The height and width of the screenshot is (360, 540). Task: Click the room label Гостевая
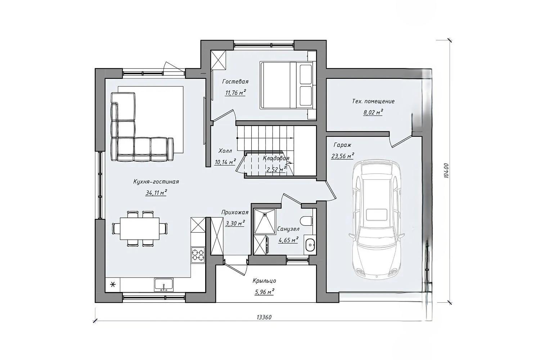click(x=235, y=82)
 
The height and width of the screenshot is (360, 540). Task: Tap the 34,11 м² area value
click(x=156, y=193)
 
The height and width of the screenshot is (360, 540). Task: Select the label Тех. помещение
click(x=373, y=101)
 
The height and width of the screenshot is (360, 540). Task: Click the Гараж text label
click(x=342, y=145)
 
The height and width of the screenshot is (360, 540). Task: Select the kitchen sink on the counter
click(x=164, y=285)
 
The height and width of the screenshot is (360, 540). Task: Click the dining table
click(x=140, y=229)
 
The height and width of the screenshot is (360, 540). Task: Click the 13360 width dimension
click(x=264, y=317)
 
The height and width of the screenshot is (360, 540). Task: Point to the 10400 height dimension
click(x=446, y=171)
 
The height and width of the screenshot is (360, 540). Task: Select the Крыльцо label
click(x=265, y=281)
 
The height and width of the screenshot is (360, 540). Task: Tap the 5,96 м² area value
click(x=265, y=292)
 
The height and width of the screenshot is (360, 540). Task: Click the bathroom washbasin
click(x=310, y=245)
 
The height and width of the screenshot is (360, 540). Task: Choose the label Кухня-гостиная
click(x=156, y=181)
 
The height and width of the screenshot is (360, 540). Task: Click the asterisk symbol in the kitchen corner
click(x=113, y=285)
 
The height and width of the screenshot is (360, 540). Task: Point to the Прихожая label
click(x=235, y=212)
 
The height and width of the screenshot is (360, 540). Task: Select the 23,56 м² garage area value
click(x=343, y=156)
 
